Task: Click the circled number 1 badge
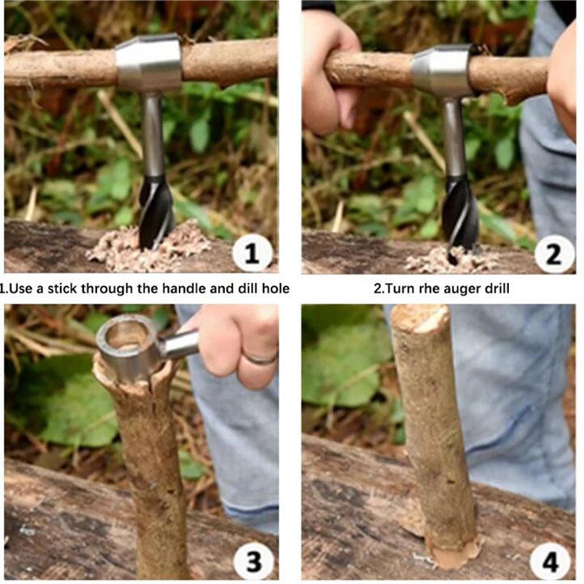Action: (x=252, y=253)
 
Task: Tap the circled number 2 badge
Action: (x=554, y=255)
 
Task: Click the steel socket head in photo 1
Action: (x=148, y=62)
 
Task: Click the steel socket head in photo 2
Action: (x=441, y=70)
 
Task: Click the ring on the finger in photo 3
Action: (x=260, y=358)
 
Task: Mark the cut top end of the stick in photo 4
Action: (x=420, y=318)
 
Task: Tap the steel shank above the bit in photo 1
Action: (x=153, y=134)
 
